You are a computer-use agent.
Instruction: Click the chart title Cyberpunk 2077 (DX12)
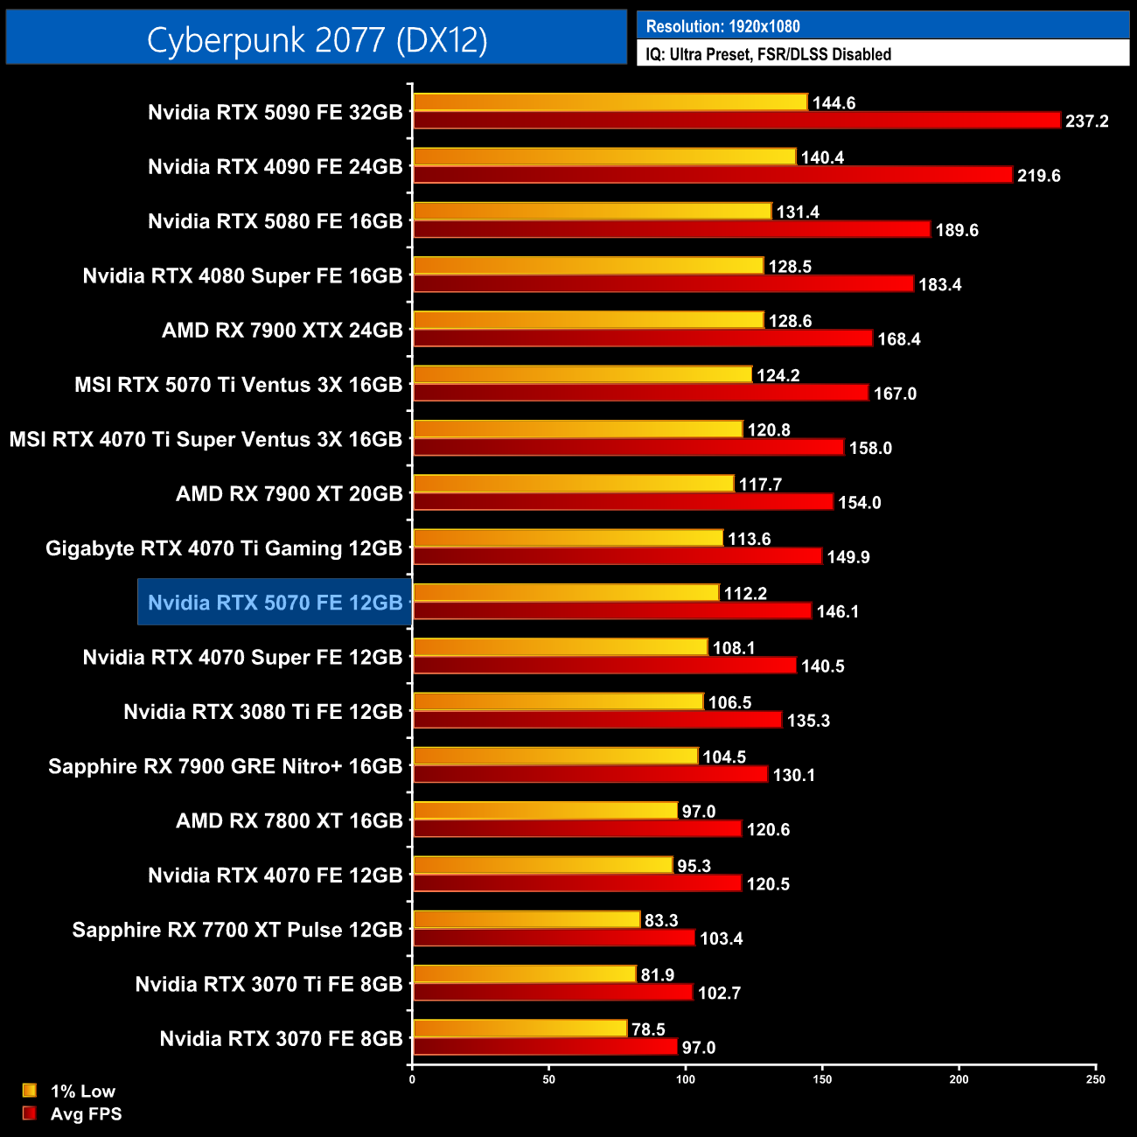(317, 39)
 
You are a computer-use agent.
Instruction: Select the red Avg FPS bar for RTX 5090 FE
(736, 121)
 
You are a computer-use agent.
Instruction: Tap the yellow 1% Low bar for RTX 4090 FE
(604, 157)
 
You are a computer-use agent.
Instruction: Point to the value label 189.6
(957, 230)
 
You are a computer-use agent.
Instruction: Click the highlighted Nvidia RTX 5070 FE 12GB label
(275, 603)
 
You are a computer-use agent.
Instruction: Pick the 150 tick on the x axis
(822, 1079)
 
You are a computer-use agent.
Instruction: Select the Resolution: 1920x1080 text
(722, 26)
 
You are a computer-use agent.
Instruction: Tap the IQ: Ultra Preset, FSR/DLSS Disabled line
(768, 54)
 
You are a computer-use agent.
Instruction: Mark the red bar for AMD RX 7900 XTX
(643, 338)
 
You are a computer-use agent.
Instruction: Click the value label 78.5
(648, 1029)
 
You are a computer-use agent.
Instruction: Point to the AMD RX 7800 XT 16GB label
(289, 820)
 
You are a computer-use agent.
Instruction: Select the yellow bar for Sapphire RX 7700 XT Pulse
(527, 920)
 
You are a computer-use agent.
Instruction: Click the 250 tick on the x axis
(1096, 1079)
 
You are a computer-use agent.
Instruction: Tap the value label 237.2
(1086, 122)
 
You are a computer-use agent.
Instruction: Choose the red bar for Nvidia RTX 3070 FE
(545, 1047)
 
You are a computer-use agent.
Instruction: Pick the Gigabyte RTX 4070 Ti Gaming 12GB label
(224, 548)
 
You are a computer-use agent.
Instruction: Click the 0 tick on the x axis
(412, 1079)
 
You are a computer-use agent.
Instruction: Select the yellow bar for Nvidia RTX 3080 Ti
(558, 702)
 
